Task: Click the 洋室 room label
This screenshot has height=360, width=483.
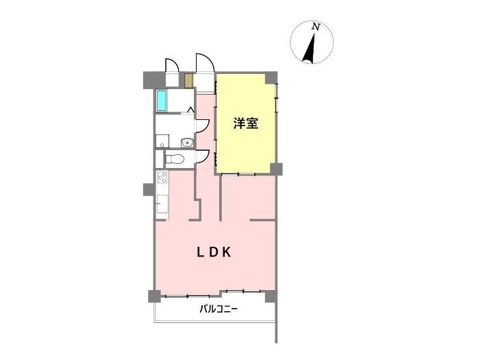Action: [245, 123]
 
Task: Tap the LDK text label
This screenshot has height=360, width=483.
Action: [214, 252]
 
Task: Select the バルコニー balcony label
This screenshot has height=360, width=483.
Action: [219, 309]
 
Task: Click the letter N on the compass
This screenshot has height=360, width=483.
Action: [315, 27]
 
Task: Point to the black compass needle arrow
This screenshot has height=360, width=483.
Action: [310, 48]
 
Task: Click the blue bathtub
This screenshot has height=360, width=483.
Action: [162, 101]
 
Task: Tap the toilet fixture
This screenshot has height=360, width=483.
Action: [175, 159]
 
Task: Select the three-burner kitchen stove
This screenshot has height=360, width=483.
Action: [162, 178]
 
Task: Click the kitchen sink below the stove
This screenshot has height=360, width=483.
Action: [162, 204]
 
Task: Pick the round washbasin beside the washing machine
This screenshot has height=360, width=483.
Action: [187, 143]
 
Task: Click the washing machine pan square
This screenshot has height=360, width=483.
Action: [162, 141]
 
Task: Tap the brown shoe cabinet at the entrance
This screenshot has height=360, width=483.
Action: [188, 81]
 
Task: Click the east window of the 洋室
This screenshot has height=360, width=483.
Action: [277, 97]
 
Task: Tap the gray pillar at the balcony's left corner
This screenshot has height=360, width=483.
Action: [154, 296]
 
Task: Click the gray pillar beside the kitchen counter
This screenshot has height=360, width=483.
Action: [149, 189]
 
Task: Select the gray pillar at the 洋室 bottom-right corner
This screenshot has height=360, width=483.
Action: [276, 169]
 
